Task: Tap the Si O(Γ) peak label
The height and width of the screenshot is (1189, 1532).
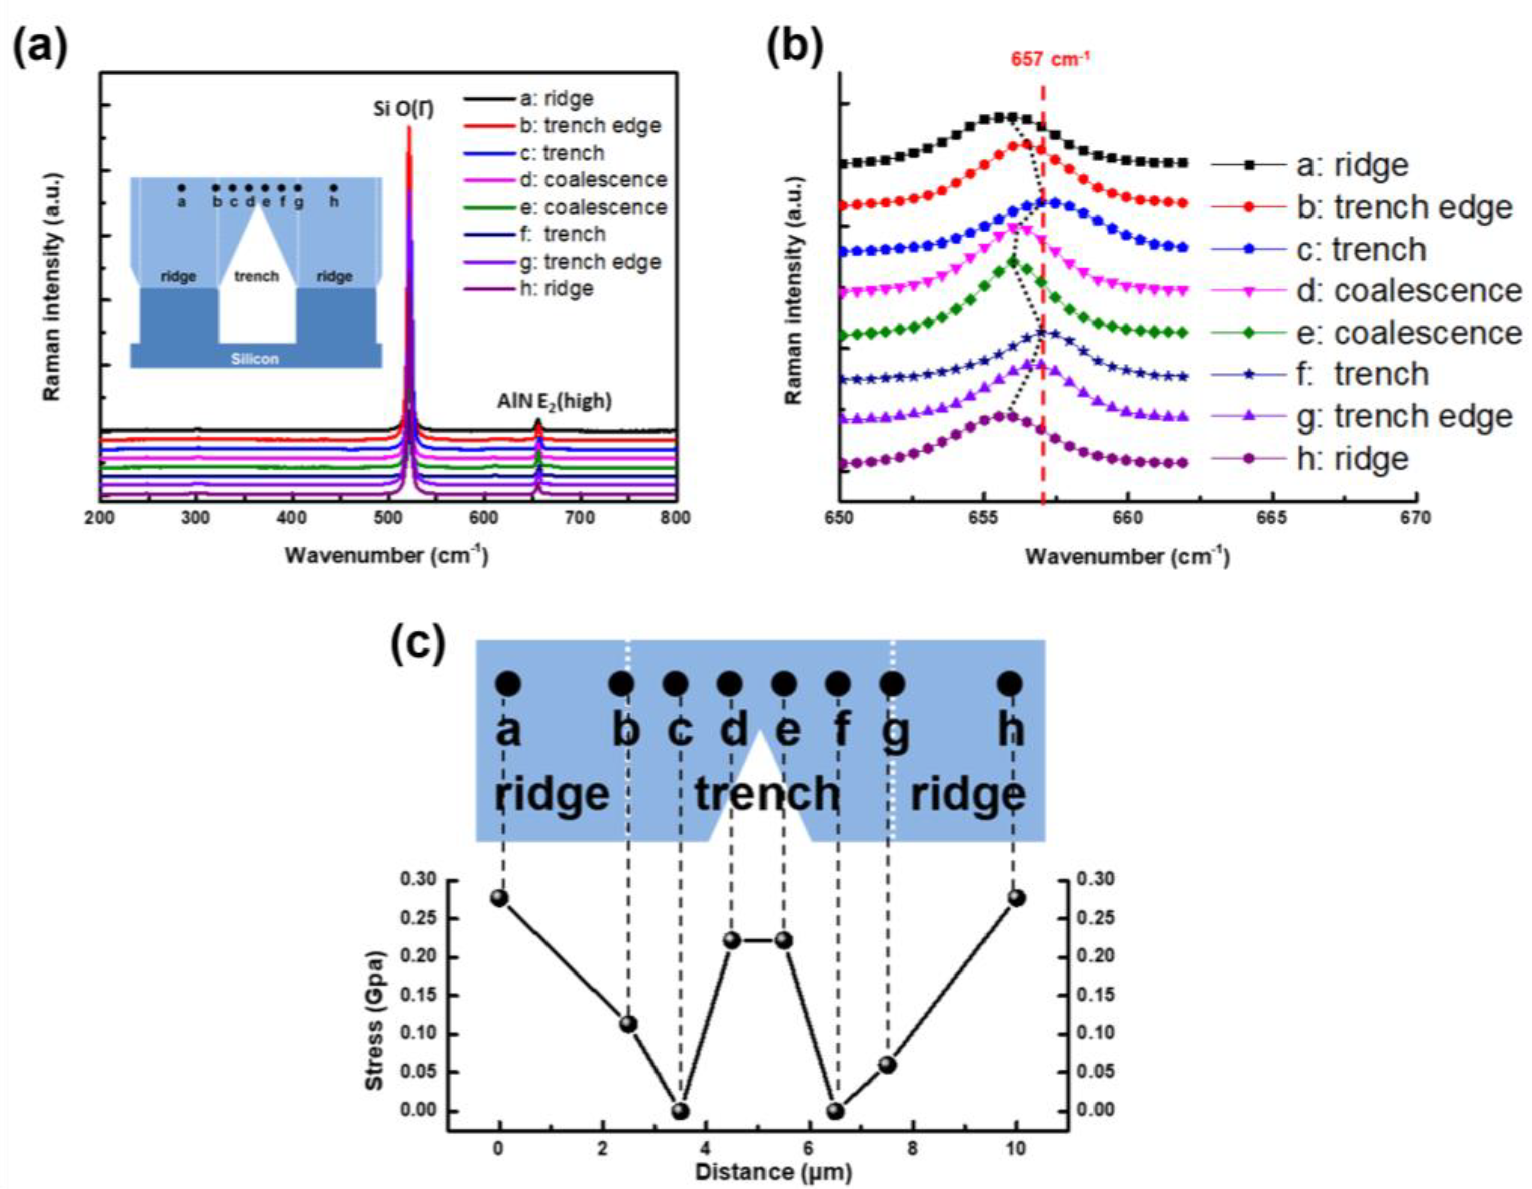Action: click(403, 110)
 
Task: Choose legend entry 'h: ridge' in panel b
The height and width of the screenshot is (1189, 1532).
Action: click(1352, 459)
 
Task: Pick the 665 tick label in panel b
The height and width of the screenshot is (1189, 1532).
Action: click(1272, 518)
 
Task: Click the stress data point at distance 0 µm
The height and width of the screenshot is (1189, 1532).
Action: click(499, 898)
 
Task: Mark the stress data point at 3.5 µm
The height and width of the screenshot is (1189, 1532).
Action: click(680, 1111)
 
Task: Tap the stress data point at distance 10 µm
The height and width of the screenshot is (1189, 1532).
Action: click(1016, 898)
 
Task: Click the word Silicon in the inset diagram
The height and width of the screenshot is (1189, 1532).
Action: click(255, 359)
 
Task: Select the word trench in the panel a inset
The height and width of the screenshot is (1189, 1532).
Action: click(257, 276)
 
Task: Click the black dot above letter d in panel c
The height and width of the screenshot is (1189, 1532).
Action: click(730, 683)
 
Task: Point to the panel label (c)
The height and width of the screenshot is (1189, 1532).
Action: click(418, 644)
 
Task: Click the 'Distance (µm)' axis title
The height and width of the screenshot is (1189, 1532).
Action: click(774, 1171)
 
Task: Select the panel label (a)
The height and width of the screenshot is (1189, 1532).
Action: click(40, 49)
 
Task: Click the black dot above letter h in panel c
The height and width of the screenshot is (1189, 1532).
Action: click(1010, 683)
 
